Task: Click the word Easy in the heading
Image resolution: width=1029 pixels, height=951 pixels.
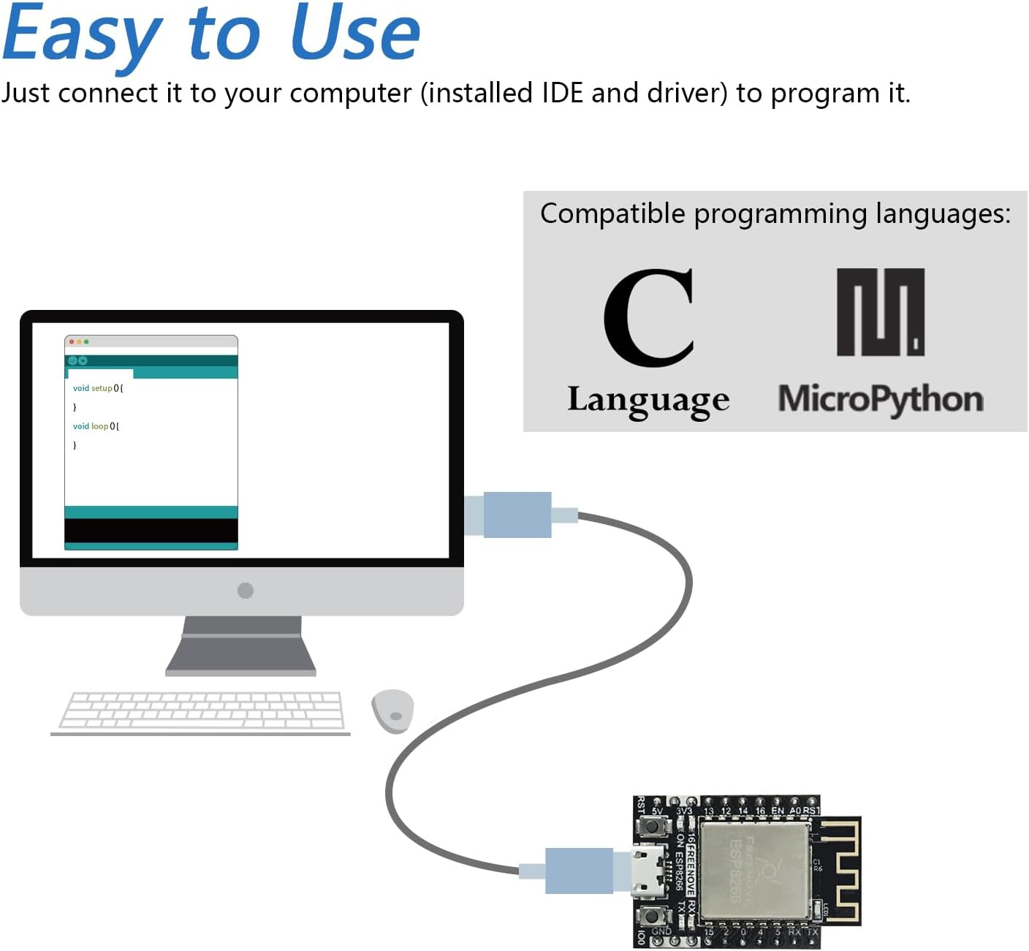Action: (x=82, y=35)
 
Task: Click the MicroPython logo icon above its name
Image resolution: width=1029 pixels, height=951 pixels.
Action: (x=880, y=312)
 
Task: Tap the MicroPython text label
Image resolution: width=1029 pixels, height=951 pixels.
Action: (x=880, y=400)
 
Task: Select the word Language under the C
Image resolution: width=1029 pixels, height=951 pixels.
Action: (x=648, y=401)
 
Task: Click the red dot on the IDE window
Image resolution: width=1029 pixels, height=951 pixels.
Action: (x=72, y=342)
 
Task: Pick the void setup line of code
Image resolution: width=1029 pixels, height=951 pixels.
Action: (x=98, y=388)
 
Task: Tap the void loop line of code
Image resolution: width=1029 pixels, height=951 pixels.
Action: (x=96, y=426)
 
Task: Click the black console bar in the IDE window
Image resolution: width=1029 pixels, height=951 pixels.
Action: (x=151, y=531)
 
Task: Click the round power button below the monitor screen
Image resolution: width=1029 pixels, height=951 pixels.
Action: (x=246, y=591)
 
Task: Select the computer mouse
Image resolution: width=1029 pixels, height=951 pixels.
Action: (x=392, y=711)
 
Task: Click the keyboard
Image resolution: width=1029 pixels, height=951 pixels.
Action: (x=202, y=710)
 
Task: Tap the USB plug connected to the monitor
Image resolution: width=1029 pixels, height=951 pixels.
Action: (x=517, y=515)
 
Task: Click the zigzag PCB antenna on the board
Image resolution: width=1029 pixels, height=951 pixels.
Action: (x=841, y=871)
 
